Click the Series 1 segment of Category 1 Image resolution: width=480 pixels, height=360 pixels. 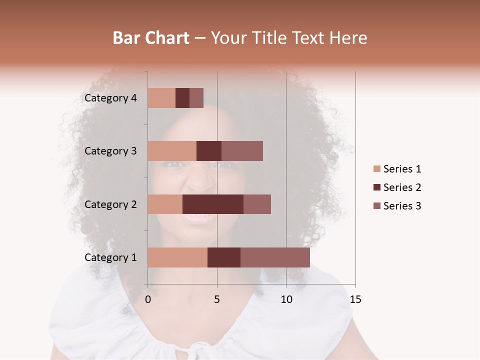point(177,257)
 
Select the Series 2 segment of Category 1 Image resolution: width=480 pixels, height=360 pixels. point(224,257)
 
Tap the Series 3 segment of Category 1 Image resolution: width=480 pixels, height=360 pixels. point(275,257)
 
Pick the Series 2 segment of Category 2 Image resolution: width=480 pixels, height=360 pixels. point(213,204)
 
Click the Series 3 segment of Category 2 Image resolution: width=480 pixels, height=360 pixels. point(257,204)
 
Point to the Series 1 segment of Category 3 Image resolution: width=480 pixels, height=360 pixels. point(172,151)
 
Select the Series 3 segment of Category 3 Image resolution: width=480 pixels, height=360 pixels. point(242,151)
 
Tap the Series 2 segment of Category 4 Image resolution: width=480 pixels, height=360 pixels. point(182,98)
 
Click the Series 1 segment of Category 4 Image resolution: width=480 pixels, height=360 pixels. point(161,98)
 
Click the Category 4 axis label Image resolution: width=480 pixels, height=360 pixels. point(110,98)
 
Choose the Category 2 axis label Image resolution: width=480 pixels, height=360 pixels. point(110,204)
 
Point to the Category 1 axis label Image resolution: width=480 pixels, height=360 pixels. point(110,257)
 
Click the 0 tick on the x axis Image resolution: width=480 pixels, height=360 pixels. point(148,299)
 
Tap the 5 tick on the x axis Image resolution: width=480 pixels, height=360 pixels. point(217,299)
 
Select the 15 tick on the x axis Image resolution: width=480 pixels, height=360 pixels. point(355,299)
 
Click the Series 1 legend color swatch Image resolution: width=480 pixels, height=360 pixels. point(376,169)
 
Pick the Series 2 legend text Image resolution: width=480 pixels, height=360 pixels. point(402,187)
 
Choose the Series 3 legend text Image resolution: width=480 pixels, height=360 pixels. point(402,206)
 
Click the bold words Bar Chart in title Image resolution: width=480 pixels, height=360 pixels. point(151,38)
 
